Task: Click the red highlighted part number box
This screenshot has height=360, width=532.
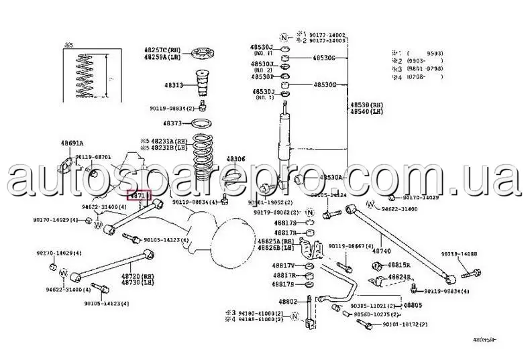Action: pos(140,196)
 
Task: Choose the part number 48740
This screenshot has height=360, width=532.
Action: pos(381,250)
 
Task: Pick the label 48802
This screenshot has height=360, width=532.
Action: pos(288,302)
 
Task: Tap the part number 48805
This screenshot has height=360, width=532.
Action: pos(413,305)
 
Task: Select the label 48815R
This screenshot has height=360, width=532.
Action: pos(398,265)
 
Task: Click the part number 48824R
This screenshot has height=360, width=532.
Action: pos(398,276)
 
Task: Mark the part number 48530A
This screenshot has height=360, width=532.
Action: pos(331,177)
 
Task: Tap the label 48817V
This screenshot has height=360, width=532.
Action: pos(284,265)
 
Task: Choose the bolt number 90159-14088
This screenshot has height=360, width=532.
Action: pos(459,254)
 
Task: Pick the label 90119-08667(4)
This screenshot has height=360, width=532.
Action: pos(347,246)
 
